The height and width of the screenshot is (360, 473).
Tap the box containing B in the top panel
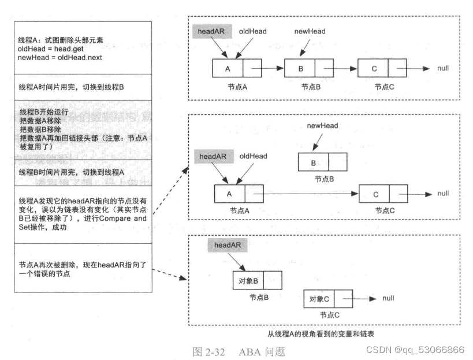point(300,69)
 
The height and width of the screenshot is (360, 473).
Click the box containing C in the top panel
point(374,69)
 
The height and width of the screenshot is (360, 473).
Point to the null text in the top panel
point(444,69)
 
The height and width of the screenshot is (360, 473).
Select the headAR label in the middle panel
point(214,156)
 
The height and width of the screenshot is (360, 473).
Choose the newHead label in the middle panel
point(322,126)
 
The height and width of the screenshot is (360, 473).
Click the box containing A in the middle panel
point(229,194)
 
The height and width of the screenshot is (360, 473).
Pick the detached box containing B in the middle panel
point(314,162)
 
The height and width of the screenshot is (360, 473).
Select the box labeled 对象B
point(248,280)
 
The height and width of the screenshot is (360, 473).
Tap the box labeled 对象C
point(319,299)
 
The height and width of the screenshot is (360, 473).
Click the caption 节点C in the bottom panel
point(329,316)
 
